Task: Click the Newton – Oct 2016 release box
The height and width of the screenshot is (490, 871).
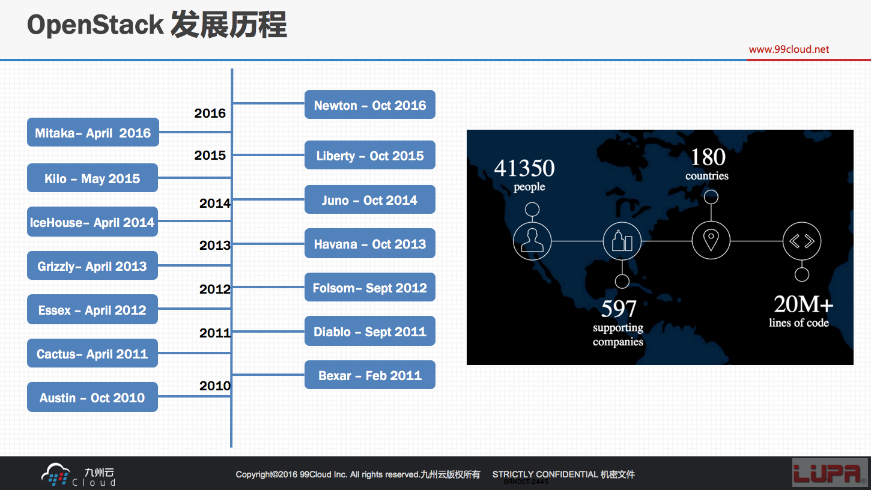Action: click(370, 104)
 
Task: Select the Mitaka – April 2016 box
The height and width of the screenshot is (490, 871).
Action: click(93, 132)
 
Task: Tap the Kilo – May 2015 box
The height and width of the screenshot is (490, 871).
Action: click(93, 178)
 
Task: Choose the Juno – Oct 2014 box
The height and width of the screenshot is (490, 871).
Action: click(370, 199)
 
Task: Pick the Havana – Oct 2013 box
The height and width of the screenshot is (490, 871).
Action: click(370, 243)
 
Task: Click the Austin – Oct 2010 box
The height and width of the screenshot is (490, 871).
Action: click(93, 397)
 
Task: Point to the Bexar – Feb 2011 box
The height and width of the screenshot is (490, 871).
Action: click(370, 375)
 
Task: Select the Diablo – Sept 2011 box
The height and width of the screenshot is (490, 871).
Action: click(370, 331)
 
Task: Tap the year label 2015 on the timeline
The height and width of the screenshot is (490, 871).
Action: click(210, 155)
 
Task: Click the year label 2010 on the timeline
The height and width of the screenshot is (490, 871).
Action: click(215, 386)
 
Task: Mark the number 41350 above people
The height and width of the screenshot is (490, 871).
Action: click(524, 168)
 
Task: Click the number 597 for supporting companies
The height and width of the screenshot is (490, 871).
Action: click(619, 309)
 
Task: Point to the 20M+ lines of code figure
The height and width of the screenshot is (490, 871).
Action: click(803, 304)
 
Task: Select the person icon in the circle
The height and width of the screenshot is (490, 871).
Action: click(532, 240)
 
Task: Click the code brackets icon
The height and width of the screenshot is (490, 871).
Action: click(802, 241)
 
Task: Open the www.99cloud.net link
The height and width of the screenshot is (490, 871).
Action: click(789, 49)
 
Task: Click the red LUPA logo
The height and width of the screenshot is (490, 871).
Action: click(830, 473)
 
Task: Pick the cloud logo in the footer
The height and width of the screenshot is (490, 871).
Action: click(56, 474)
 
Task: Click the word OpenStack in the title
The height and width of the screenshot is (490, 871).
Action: click(96, 25)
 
